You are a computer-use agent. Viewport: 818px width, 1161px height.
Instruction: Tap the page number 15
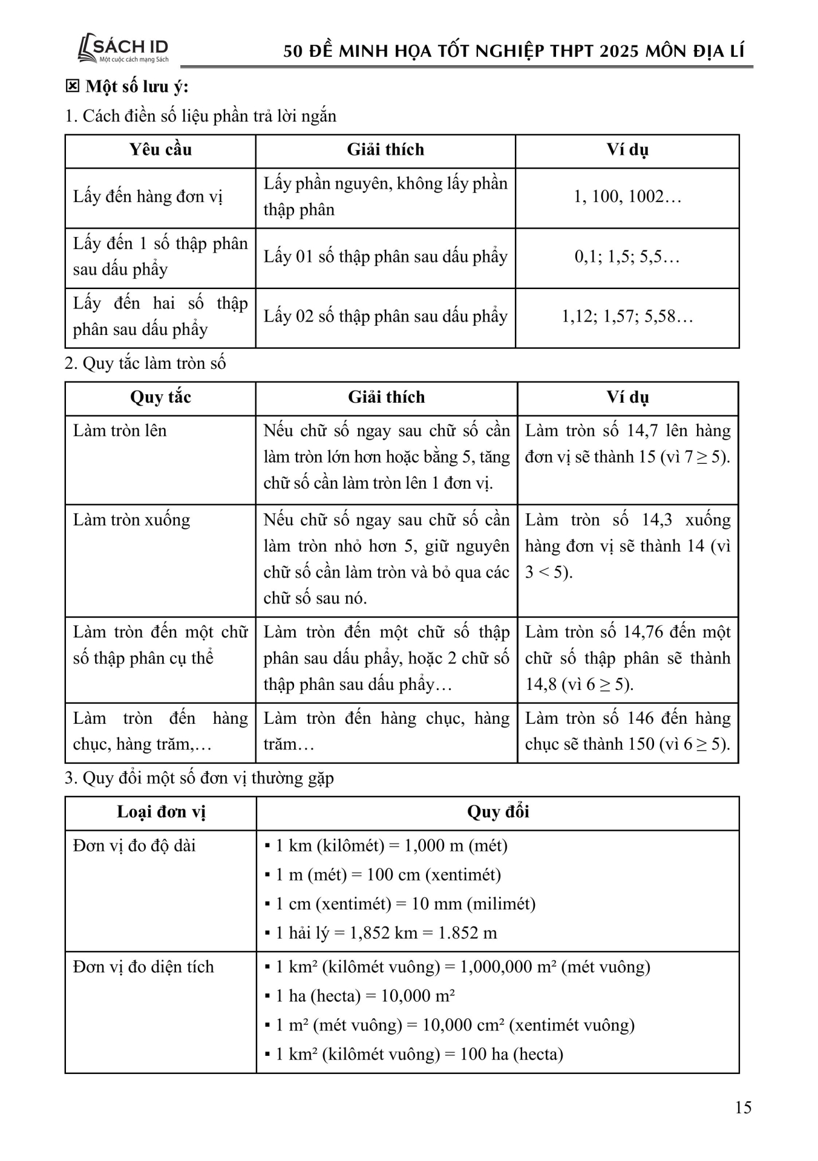point(743,1107)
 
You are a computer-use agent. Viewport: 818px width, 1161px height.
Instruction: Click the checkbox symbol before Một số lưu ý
point(72,86)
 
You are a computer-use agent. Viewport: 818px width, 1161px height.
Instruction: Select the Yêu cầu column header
point(160,150)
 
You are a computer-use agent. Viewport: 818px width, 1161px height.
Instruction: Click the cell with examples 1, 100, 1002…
point(627,197)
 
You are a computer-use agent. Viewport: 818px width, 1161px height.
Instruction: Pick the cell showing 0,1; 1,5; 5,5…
point(627,257)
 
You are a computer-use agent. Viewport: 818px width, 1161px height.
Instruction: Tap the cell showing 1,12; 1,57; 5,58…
point(627,317)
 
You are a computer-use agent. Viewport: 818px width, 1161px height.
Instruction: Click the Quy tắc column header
point(160,397)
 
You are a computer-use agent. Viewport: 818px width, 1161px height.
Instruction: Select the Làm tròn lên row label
point(120,431)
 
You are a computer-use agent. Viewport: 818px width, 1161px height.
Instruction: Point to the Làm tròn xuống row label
point(131,520)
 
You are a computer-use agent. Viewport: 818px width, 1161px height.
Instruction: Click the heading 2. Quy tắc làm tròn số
point(145,363)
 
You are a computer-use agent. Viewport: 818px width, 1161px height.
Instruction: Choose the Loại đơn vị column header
point(161,812)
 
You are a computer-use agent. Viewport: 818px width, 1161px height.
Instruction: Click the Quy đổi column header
point(497,812)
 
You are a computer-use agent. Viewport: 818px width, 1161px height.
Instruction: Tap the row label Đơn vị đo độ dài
point(134,845)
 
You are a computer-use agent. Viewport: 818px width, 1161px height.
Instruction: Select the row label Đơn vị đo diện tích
point(143,967)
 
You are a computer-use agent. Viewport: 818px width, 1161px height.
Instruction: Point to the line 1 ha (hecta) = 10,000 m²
point(365,996)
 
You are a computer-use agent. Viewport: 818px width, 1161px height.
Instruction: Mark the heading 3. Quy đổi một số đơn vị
point(199,778)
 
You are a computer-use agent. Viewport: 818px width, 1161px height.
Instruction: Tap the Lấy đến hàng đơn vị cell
point(148,197)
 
